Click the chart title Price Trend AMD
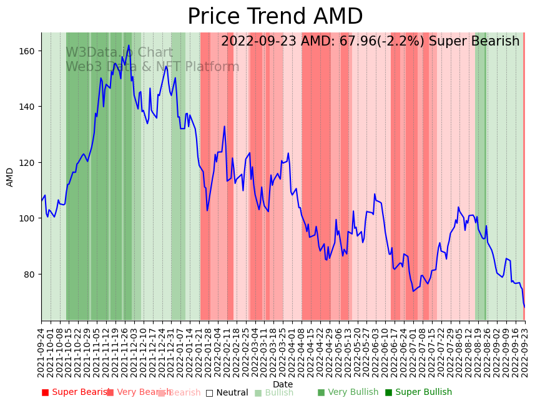(275, 17)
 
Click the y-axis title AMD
(10, 177)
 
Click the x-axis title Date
(282, 384)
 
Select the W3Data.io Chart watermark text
(119, 53)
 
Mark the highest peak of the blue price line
(129, 45)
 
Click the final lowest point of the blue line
(524, 307)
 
